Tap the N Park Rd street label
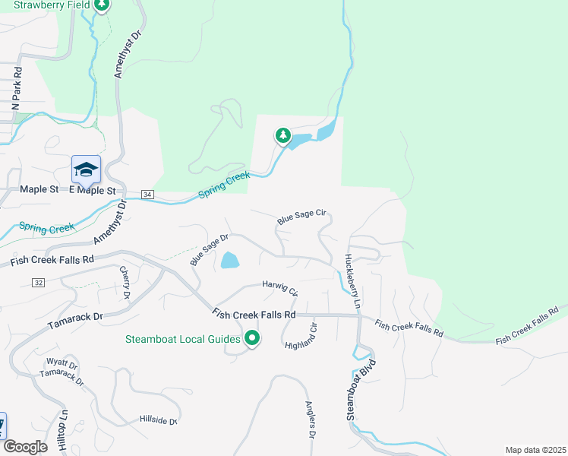tap(16, 90)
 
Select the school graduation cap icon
tap(86, 169)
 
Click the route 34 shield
tap(147, 195)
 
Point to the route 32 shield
tap(38, 282)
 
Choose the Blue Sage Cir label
tap(301, 217)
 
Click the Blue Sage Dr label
tap(210, 249)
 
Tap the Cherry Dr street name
tap(125, 282)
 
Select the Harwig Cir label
tap(280, 287)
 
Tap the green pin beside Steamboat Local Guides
tap(252, 339)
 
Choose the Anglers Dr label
tap(310, 420)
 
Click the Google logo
tap(25, 447)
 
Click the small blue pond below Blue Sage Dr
tap(229, 261)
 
